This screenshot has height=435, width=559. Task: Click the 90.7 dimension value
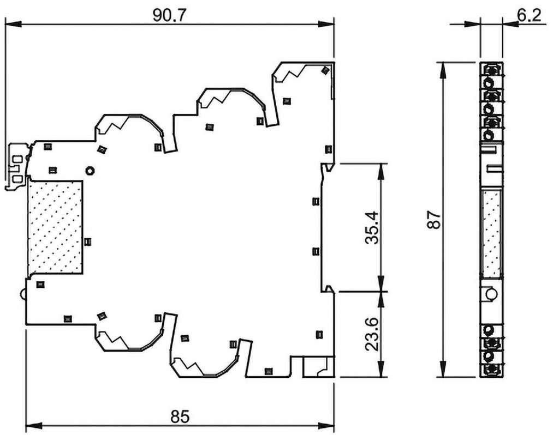pos(170,15)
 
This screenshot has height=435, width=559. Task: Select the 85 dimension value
pos(180,417)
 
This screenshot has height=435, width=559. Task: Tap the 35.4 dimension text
pos(372,227)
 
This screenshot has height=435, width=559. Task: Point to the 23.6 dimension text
pos(372,334)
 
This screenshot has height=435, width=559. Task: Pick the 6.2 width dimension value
pos(529,15)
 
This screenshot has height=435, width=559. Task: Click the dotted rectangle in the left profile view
pos(55,227)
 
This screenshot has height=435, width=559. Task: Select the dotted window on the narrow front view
pos(491,233)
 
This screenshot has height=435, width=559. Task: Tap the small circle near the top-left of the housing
pos(90,171)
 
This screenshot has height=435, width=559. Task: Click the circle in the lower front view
pos(492,294)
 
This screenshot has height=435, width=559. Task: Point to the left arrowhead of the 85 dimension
pos(34,425)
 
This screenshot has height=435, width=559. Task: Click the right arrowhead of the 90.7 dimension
pos(326,24)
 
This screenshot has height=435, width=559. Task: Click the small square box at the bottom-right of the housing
pos(319,367)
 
